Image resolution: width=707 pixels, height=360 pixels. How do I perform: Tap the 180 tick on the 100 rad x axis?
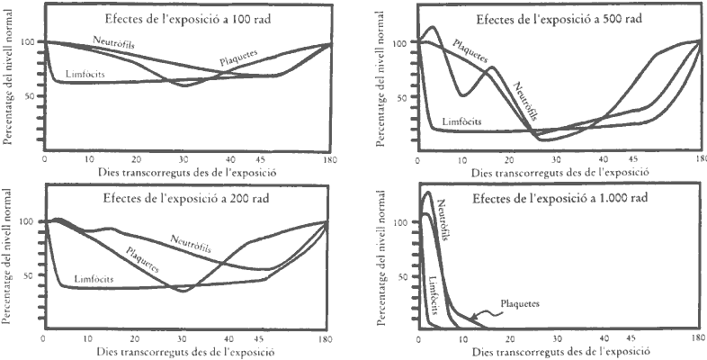(x=328, y=159)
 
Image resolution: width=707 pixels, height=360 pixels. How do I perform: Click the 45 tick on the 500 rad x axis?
(x=632, y=159)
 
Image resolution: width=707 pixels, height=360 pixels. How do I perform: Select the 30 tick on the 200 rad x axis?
(x=182, y=339)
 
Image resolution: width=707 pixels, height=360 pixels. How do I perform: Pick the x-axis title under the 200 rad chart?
(x=185, y=352)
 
